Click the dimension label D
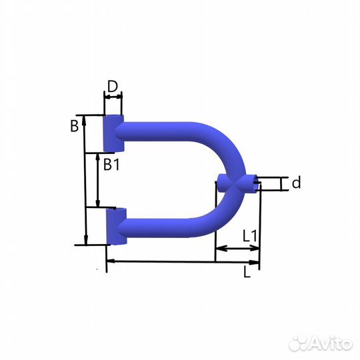coord(113,86)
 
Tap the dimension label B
coord(75,126)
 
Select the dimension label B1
coord(111,165)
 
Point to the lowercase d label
coord(296,183)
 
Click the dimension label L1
coord(251,236)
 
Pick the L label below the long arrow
coord(247,272)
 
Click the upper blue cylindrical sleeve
coord(113,133)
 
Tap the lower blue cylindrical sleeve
coord(116,227)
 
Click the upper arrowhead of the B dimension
coord(84,120)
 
